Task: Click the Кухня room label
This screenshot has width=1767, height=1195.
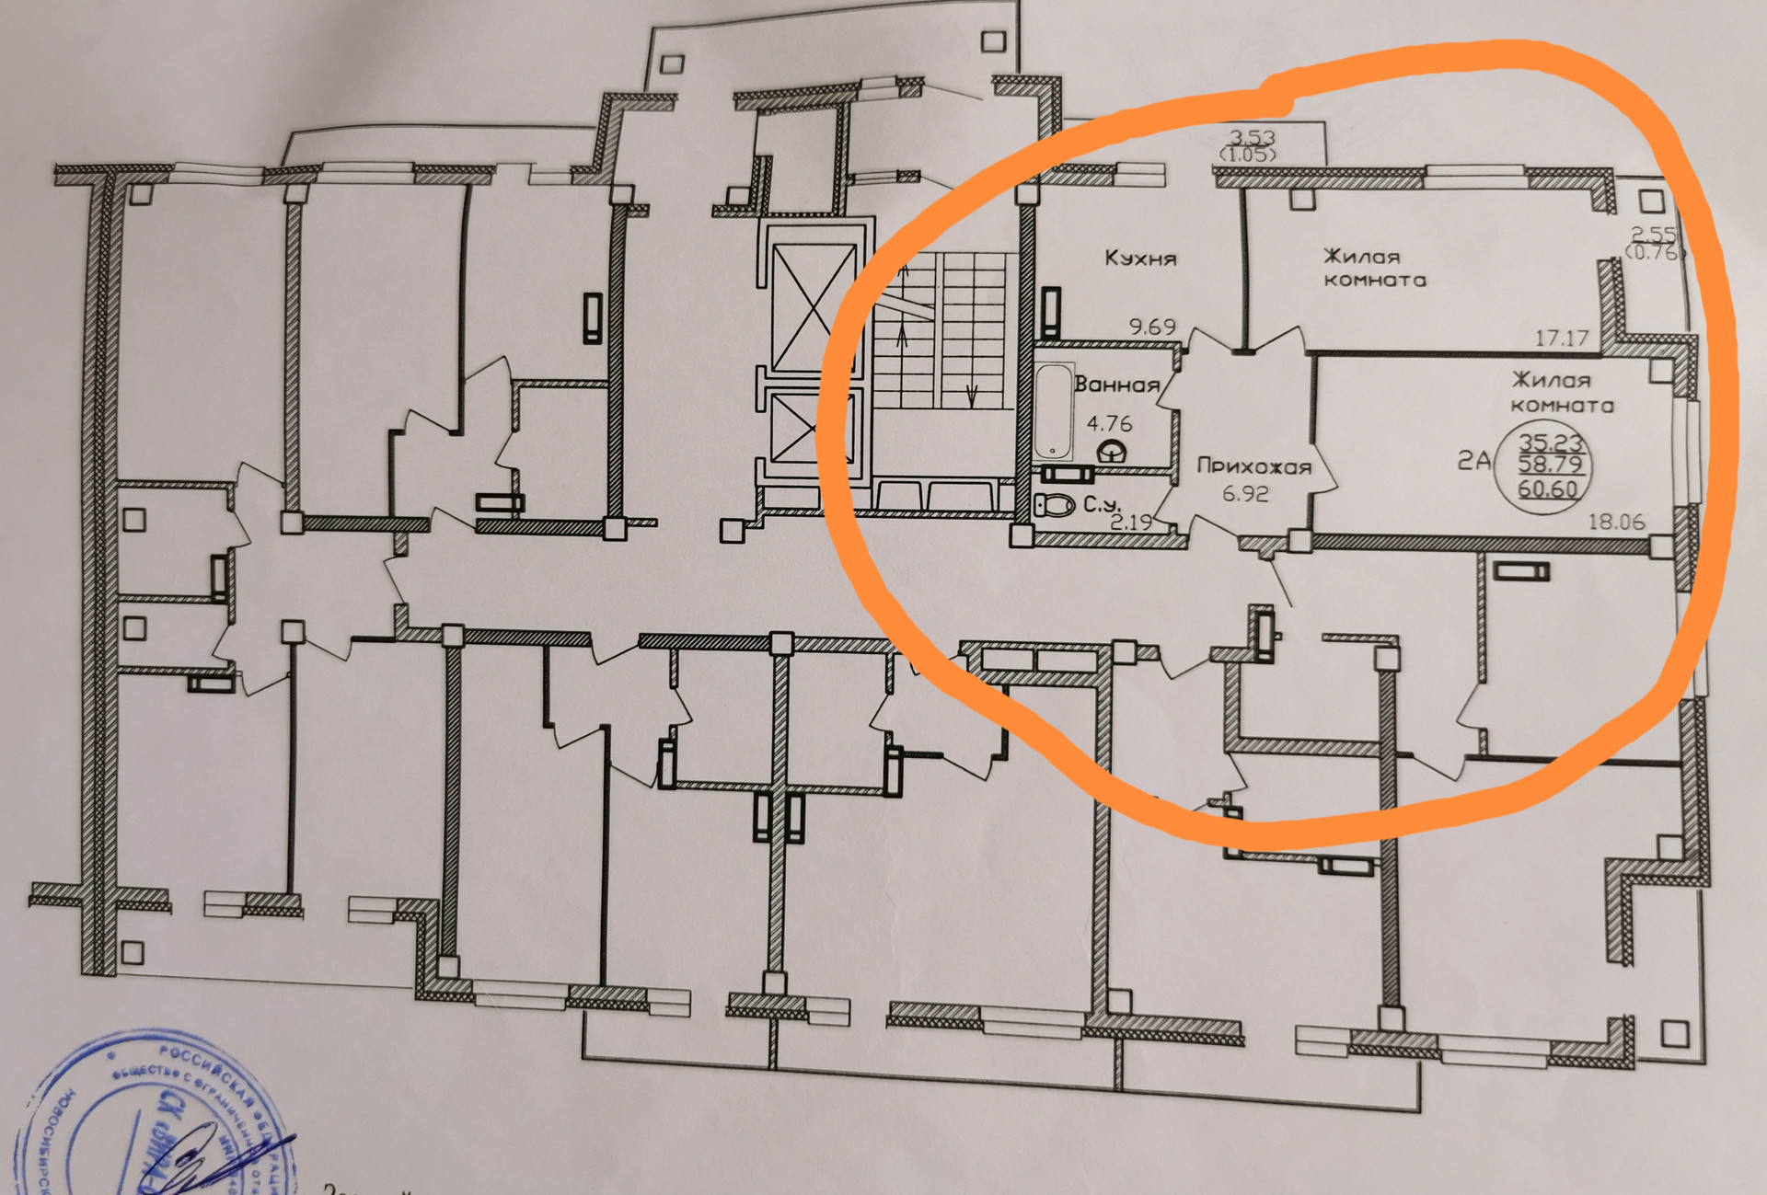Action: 1140,259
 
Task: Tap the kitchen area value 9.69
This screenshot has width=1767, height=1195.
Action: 1152,327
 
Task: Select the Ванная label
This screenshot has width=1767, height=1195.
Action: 1116,385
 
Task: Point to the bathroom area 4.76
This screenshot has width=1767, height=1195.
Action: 1109,424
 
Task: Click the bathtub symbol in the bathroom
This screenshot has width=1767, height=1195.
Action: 1053,411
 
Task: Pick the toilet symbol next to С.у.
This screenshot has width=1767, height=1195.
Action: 1055,505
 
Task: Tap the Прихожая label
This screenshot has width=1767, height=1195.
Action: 1253,466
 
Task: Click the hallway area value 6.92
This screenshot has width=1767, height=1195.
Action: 1245,494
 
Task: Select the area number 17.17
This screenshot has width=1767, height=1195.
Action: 1561,338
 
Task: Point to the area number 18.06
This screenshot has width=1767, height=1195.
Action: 1616,522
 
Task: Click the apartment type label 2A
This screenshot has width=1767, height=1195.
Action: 1473,460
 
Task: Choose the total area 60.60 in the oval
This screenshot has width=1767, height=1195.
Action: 1548,489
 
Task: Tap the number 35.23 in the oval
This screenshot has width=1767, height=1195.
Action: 1550,442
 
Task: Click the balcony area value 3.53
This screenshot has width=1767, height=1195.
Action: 1253,138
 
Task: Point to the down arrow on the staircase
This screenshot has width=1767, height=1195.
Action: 972,396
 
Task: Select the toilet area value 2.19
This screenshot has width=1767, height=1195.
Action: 1131,523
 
